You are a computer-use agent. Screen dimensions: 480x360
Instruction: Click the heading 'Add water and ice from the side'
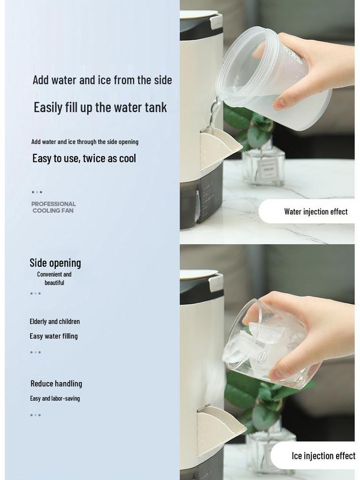click(102, 80)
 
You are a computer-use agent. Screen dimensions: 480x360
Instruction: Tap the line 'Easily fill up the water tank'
click(100, 107)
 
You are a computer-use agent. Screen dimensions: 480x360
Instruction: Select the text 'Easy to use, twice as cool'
click(84, 158)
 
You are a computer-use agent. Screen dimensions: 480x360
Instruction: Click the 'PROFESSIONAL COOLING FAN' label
click(53, 207)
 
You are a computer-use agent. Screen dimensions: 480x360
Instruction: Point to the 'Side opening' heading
click(55, 263)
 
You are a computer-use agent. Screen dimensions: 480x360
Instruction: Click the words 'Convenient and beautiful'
click(54, 278)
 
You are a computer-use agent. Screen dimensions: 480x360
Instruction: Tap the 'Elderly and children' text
click(54, 322)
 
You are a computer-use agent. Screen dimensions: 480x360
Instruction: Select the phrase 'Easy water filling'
click(53, 336)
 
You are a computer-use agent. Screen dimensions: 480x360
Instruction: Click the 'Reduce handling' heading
click(56, 384)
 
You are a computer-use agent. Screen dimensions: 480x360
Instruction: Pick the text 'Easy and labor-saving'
click(55, 398)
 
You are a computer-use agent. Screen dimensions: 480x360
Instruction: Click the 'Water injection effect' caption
click(315, 212)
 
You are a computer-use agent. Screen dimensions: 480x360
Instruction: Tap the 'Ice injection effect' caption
click(323, 456)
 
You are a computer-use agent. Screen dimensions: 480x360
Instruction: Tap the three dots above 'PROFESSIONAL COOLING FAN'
click(37, 192)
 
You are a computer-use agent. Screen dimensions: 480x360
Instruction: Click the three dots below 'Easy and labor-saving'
click(36, 415)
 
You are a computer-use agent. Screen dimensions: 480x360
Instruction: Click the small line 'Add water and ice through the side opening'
click(85, 142)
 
